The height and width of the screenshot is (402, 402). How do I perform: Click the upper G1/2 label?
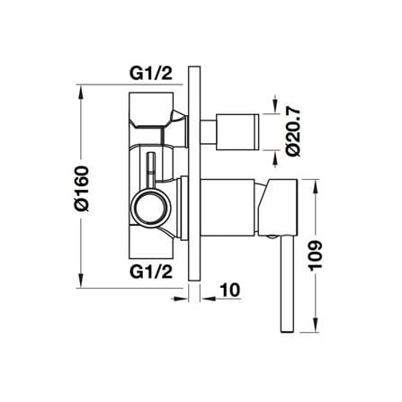151,74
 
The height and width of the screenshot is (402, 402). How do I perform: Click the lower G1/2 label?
151,272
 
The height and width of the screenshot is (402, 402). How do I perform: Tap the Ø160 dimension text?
83,189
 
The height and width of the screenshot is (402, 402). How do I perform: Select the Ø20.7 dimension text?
293,132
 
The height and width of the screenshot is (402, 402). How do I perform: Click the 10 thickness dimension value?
230,290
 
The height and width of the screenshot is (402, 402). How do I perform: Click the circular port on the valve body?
151,207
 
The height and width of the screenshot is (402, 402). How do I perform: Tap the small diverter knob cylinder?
237,132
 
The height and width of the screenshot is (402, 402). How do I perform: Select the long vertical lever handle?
286,283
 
